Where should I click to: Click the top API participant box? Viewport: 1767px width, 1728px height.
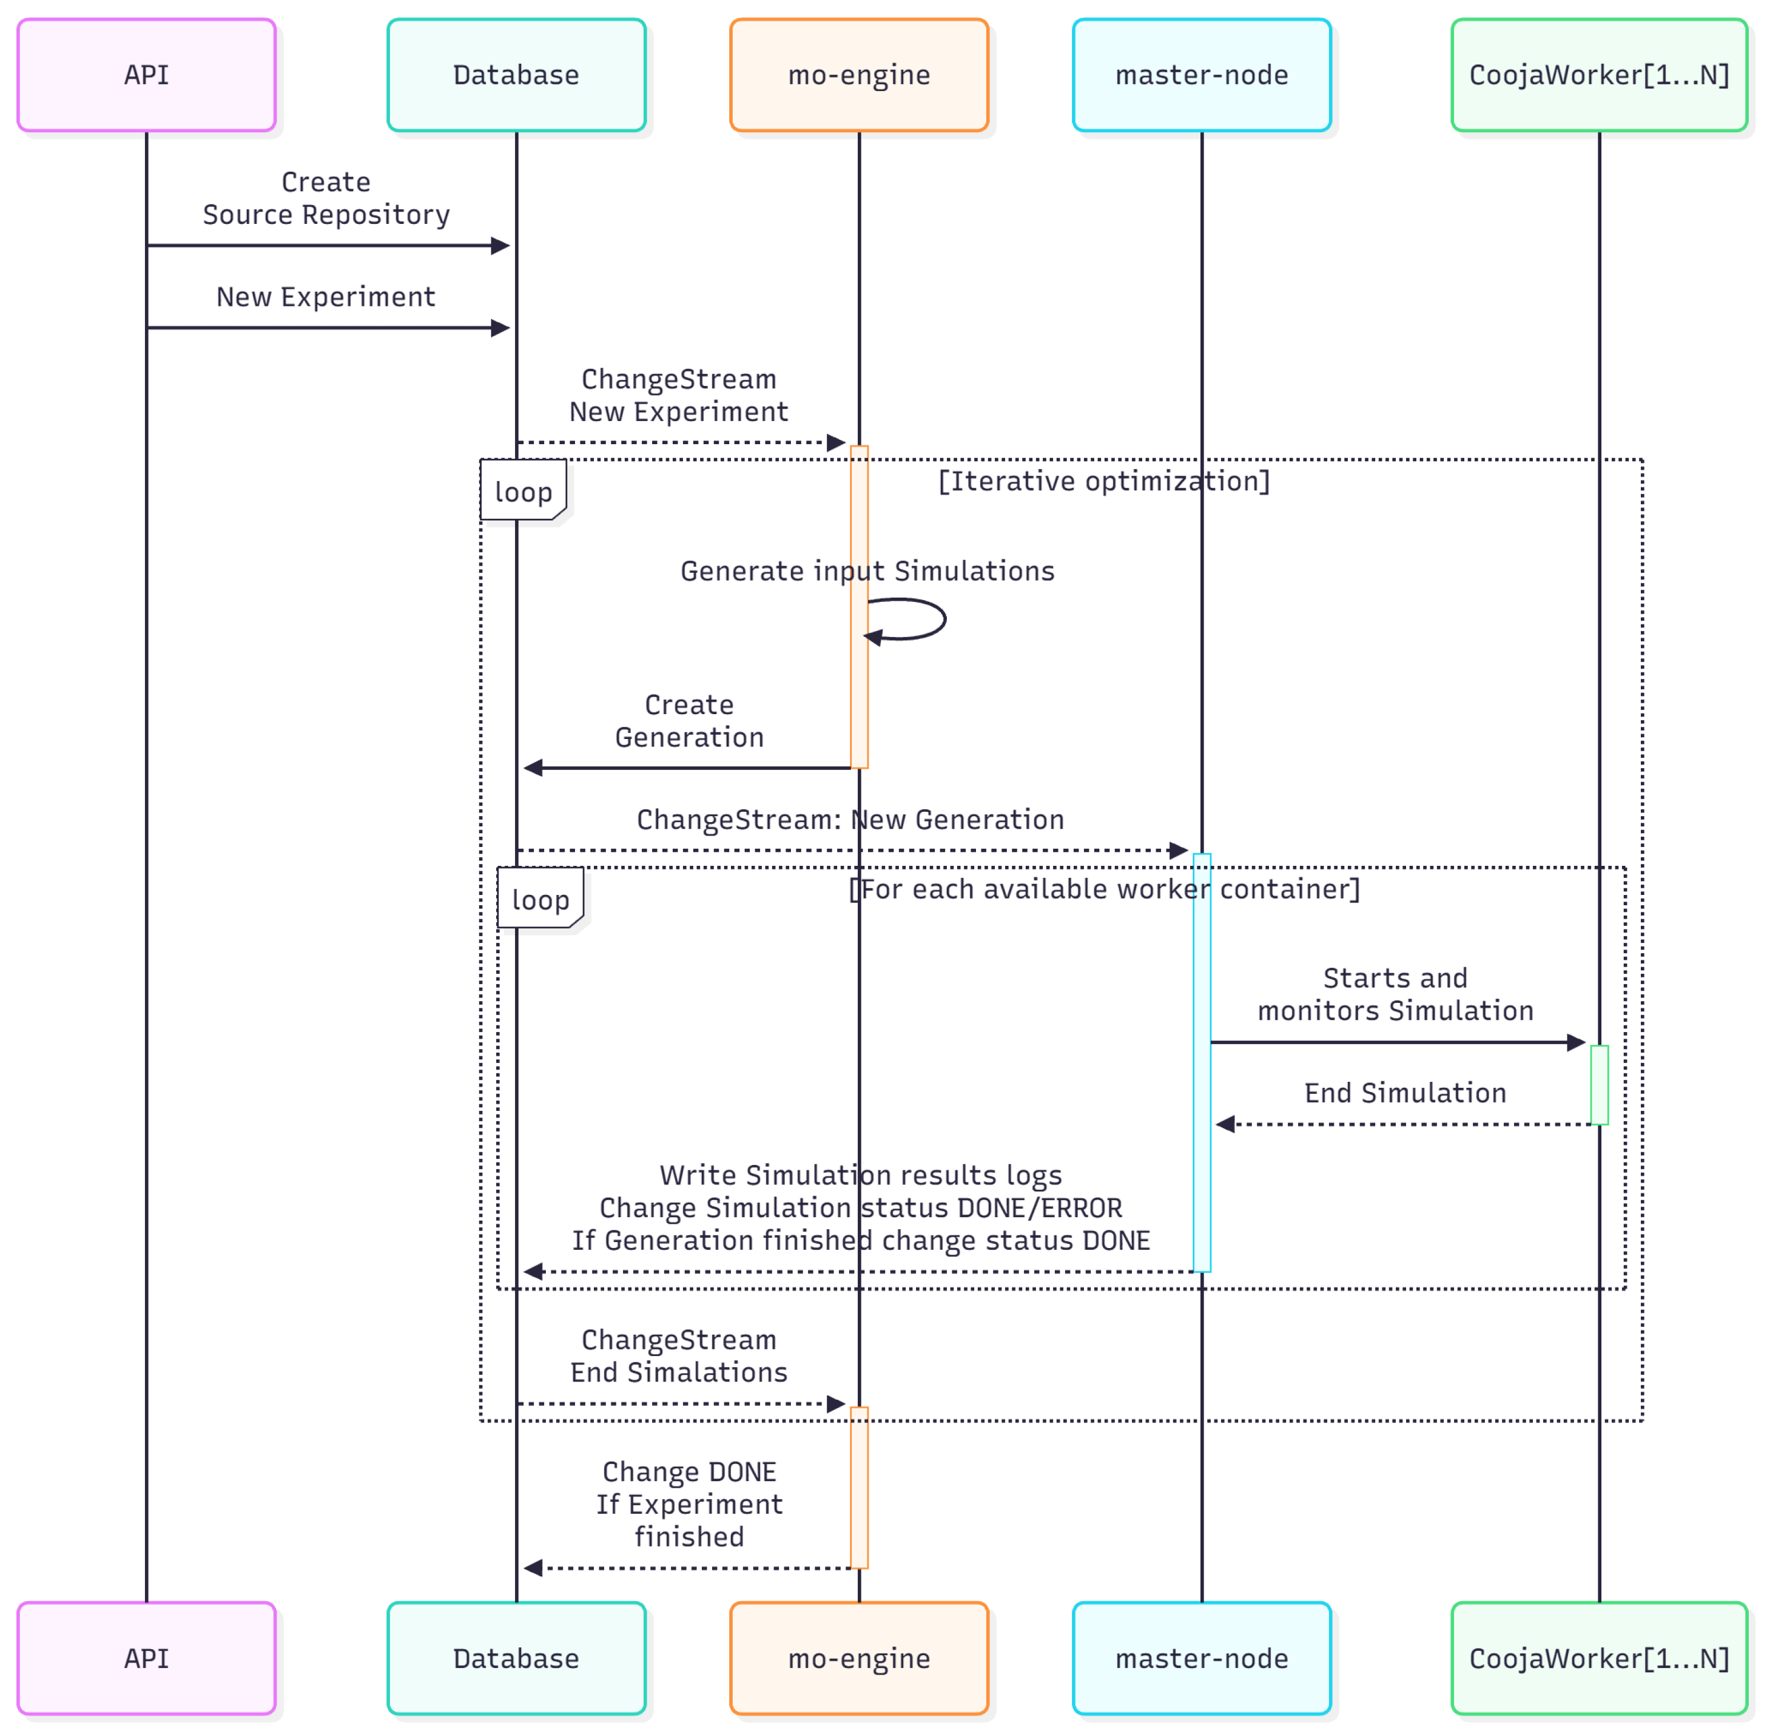(146, 75)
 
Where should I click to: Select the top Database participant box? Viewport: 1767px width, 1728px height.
(516, 75)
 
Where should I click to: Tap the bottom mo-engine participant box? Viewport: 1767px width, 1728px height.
(858, 1658)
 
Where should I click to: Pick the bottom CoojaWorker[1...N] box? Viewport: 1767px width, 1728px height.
(1598, 1658)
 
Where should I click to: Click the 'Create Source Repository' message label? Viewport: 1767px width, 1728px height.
(326, 198)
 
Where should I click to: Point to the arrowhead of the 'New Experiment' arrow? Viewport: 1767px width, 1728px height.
(500, 328)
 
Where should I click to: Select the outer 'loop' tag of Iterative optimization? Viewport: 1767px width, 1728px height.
(523, 491)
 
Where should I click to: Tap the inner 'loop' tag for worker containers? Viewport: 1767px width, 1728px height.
(540, 899)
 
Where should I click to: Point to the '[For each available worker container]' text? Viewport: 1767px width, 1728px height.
(1103, 888)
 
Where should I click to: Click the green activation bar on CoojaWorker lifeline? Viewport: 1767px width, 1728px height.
(1599, 1084)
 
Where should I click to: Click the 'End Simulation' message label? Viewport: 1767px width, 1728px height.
(1405, 1093)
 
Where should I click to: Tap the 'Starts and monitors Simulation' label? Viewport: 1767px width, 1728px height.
(1395, 994)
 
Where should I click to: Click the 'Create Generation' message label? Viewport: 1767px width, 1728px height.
(689, 721)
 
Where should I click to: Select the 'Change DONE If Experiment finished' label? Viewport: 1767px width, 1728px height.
(689, 1504)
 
